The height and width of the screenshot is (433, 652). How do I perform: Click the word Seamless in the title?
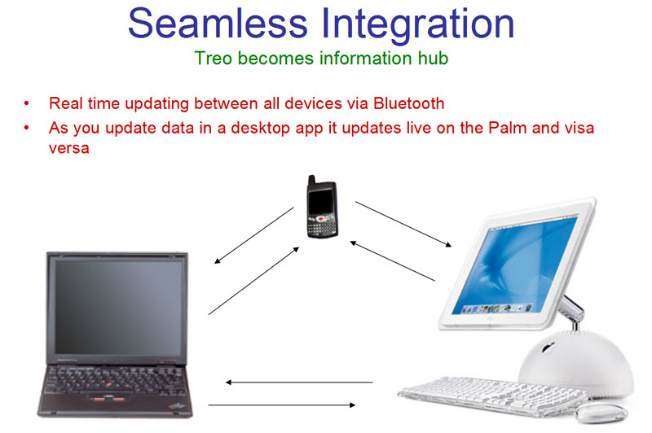(x=218, y=24)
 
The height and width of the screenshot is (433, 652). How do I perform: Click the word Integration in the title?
(x=418, y=25)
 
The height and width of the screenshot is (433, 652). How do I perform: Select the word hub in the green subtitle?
(x=434, y=58)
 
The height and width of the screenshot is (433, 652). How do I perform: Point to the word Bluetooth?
(x=409, y=103)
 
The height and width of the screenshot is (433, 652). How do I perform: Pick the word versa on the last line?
(x=69, y=149)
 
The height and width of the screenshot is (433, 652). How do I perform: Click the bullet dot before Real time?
(x=27, y=103)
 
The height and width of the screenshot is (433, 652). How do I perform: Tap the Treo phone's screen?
(x=321, y=202)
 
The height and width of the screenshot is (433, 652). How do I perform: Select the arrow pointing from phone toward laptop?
(x=254, y=235)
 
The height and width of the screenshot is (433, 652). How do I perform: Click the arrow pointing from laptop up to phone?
(x=253, y=281)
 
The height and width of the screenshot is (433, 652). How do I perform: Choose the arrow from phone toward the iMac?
(x=403, y=224)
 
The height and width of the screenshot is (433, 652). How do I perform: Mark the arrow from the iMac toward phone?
(x=393, y=260)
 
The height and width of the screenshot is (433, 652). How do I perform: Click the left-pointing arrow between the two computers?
(x=299, y=382)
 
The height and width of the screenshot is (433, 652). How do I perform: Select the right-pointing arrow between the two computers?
(x=282, y=405)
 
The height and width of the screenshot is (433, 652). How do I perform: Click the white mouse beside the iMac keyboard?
(x=601, y=413)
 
